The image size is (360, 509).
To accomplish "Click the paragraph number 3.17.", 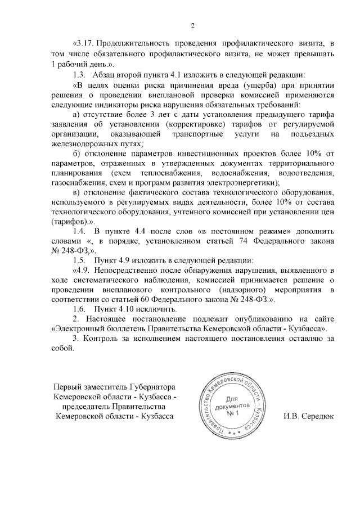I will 83,43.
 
